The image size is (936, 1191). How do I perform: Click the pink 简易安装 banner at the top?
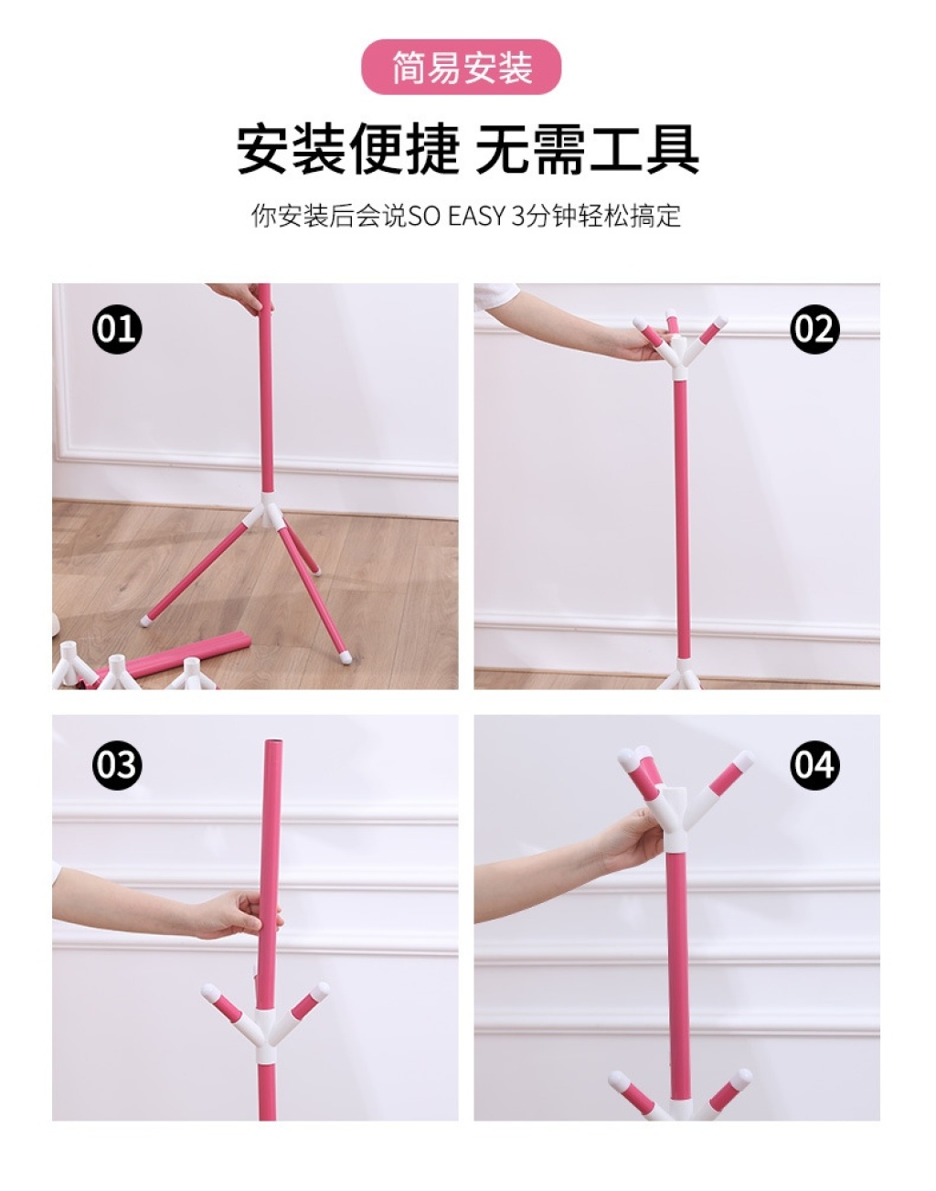click(461, 67)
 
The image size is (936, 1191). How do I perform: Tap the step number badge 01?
click(117, 329)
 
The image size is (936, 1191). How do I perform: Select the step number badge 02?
click(814, 329)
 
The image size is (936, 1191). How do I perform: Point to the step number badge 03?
click(117, 765)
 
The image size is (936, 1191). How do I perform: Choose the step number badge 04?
click(814, 765)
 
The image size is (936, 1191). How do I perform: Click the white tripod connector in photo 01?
click(266, 510)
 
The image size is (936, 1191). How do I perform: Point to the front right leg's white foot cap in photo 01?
click(346, 657)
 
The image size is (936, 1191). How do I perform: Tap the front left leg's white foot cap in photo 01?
click(145, 621)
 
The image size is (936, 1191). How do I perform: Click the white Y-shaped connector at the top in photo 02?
click(679, 356)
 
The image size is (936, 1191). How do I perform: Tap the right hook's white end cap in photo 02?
click(720, 321)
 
